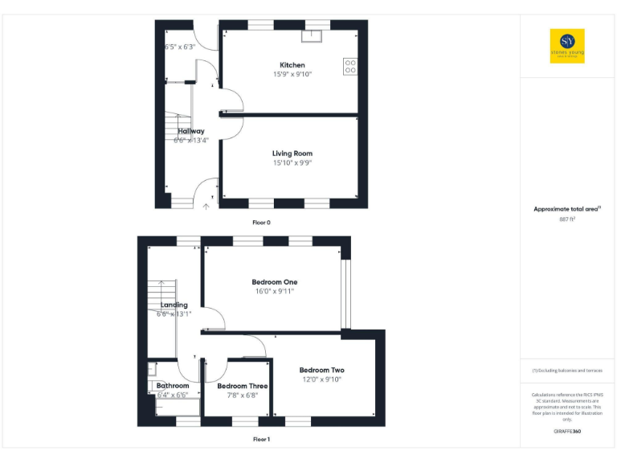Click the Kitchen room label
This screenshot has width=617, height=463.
pyautogui.click(x=292, y=65)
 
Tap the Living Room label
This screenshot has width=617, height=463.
pyautogui.click(x=292, y=153)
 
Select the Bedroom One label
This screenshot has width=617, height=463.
pyautogui.click(x=275, y=282)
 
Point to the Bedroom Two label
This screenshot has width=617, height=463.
pyautogui.click(x=322, y=370)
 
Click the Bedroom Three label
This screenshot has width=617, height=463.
pyautogui.click(x=243, y=386)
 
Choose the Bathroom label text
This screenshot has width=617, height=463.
pyautogui.click(x=172, y=386)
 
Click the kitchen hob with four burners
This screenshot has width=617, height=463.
pyautogui.click(x=350, y=66)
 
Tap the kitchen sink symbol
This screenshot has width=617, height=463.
pyautogui.click(x=310, y=35)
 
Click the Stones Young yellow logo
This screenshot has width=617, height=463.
pyautogui.click(x=567, y=46)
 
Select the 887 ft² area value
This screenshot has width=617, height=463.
pyautogui.click(x=567, y=219)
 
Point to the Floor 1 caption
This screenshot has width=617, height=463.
pyautogui.click(x=261, y=440)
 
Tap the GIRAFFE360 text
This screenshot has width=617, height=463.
pyautogui.click(x=567, y=432)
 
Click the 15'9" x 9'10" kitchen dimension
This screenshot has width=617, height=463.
pyautogui.click(x=292, y=74)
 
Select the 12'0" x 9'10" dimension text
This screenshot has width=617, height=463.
pyautogui.click(x=322, y=379)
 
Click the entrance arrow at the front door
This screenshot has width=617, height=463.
pyautogui.click(x=206, y=207)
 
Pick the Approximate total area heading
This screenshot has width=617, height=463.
pyautogui.click(x=566, y=209)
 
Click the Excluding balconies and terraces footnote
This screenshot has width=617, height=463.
pyautogui.click(x=567, y=370)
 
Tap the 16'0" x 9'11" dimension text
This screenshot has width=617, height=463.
pyautogui.click(x=275, y=291)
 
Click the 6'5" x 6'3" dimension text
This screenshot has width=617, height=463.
pyautogui.click(x=180, y=47)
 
